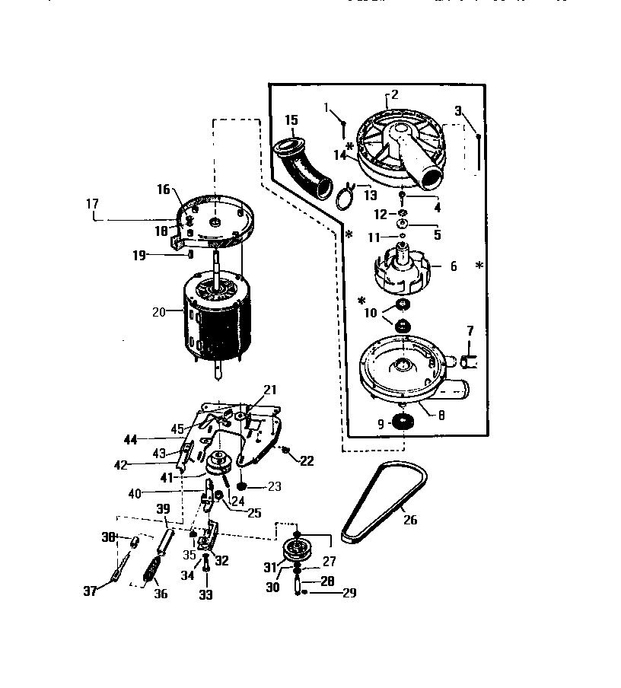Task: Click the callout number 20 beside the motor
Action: point(158,311)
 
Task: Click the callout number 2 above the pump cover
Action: point(395,95)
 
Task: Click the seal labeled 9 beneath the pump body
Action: point(400,423)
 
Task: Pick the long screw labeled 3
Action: point(477,152)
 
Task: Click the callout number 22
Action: point(307,461)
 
